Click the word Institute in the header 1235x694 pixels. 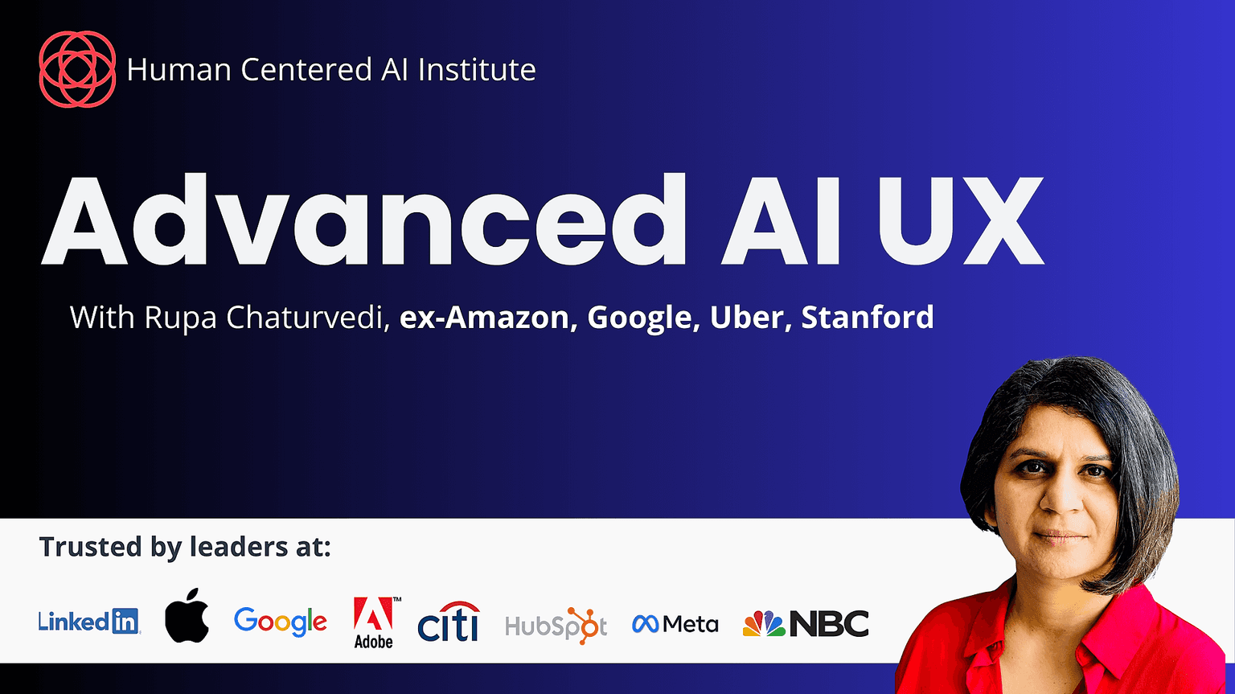[x=477, y=69]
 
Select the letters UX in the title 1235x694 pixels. [x=959, y=220]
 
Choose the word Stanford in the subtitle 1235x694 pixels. [x=868, y=317]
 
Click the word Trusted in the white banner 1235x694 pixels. [x=90, y=547]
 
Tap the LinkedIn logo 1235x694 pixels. [x=89, y=622]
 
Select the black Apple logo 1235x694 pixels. [x=187, y=616]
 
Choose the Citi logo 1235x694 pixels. [x=449, y=622]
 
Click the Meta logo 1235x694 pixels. [x=675, y=624]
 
